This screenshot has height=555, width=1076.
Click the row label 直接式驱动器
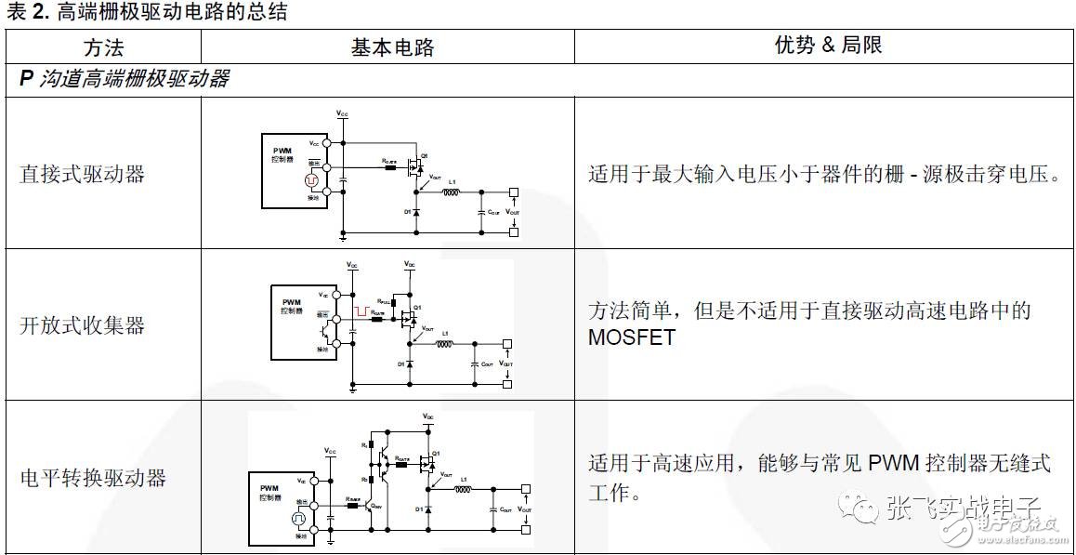click(x=82, y=174)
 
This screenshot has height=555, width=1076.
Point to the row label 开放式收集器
click(x=82, y=325)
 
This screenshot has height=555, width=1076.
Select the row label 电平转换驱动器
click(x=93, y=478)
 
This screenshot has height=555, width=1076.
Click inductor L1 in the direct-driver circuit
click(x=451, y=193)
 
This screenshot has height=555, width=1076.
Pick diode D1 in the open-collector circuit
click(x=409, y=363)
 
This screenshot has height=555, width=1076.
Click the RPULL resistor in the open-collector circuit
click(x=393, y=303)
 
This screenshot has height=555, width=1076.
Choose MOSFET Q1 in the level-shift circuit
click(x=427, y=462)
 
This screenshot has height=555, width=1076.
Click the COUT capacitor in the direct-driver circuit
click(x=481, y=212)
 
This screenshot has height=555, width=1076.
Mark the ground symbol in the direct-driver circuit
click(x=343, y=238)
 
